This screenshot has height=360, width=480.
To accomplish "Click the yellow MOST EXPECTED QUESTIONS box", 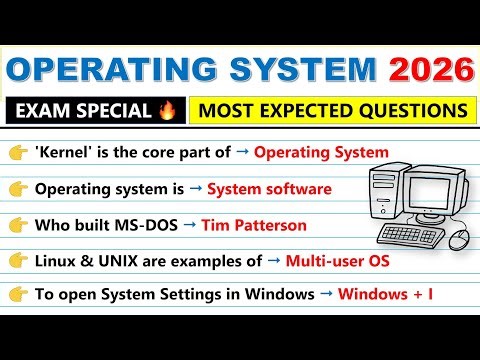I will (329, 109).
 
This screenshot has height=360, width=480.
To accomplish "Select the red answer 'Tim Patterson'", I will (254, 225).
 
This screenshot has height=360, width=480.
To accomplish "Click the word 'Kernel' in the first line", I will (62, 152).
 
